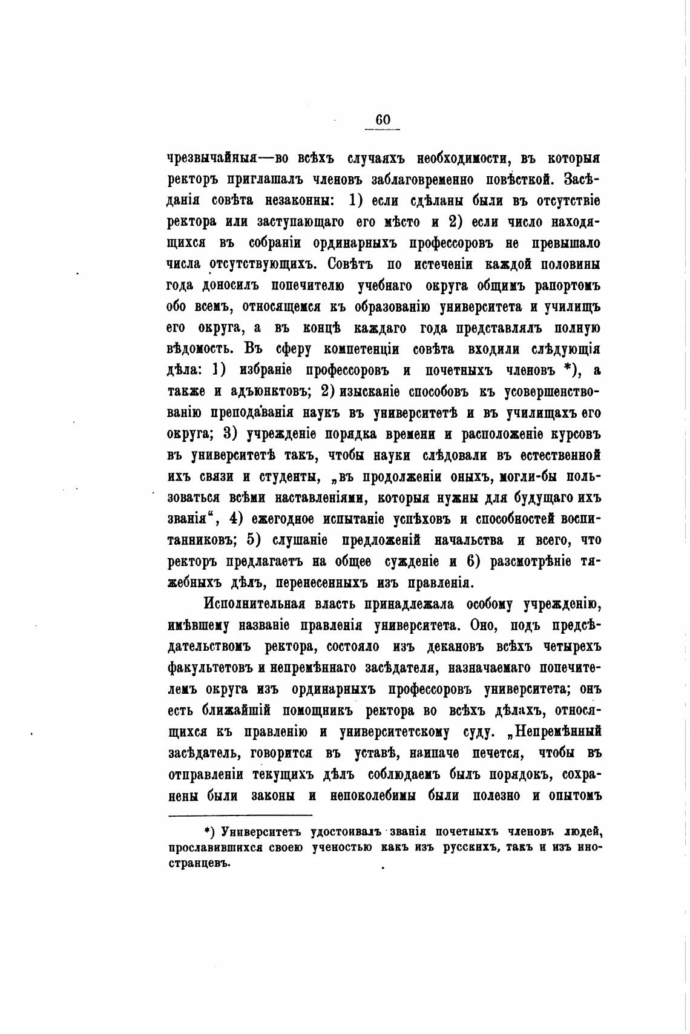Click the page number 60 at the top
(x=383, y=119)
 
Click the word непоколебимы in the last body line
(x=373, y=795)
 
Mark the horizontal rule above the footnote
(x=240, y=815)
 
